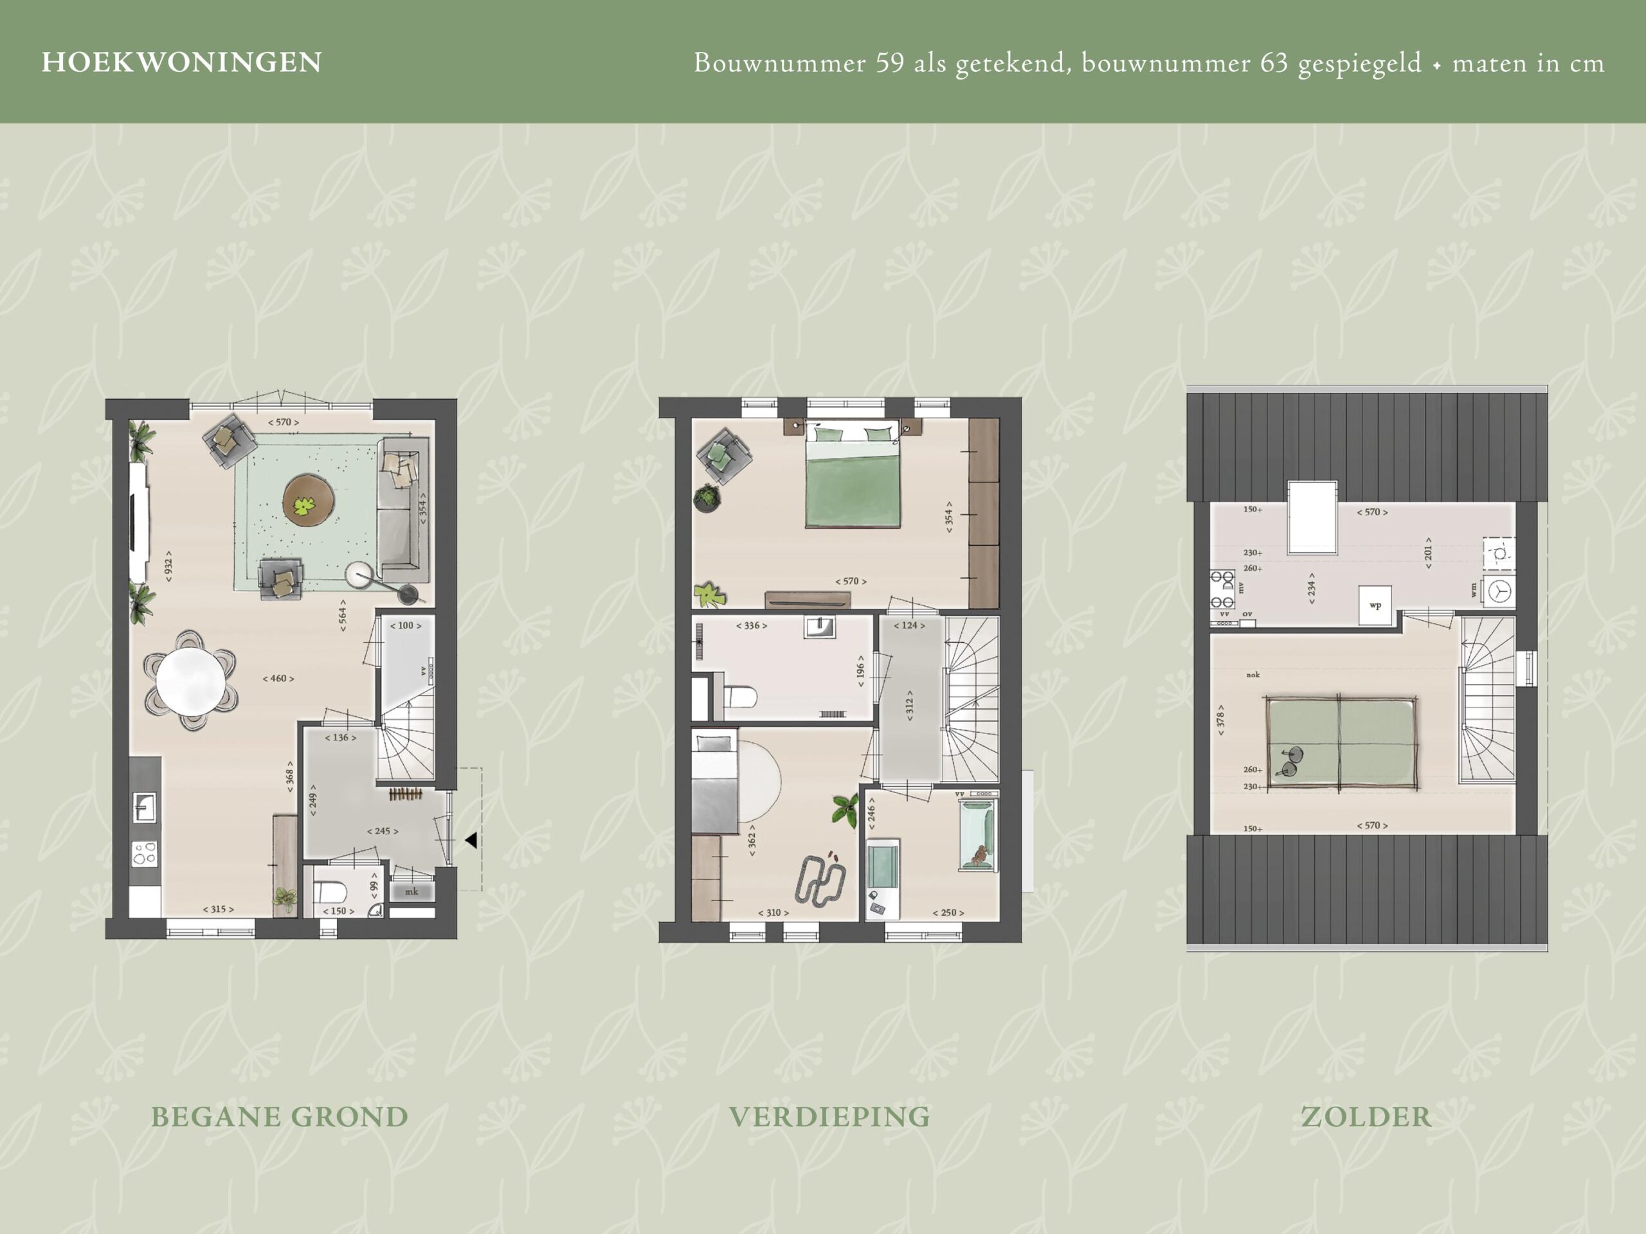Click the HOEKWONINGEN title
click(x=181, y=62)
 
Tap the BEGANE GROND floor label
click(x=280, y=1116)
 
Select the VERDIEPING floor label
click(x=829, y=1116)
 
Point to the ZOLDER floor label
click(x=1366, y=1116)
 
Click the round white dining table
click(x=190, y=681)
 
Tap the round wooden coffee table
click(x=308, y=501)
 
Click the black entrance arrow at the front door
click(x=471, y=840)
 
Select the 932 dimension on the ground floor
click(x=169, y=566)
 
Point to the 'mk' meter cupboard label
click(x=411, y=891)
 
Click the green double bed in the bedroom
click(x=852, y=476)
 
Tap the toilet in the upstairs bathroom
click(x=741, y=697)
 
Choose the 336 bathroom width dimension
click(x=752, y=625)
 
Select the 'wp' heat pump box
click(x=1375, y=605)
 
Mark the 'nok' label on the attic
click(x=1253, y=675)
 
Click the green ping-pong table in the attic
click(x=1341, y=742)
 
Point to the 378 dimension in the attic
click(x=1220, y=720)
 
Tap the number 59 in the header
click(x=890, y=62)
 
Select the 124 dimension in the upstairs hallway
click(x=909, y=625)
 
